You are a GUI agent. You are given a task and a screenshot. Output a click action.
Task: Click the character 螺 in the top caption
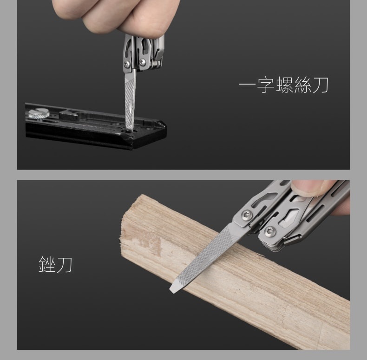click(x=284, y=85)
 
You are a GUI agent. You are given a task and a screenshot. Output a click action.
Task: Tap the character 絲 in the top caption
click(x=302, y=85)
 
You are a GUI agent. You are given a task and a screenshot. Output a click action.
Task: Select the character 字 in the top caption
click(x=266, y=85)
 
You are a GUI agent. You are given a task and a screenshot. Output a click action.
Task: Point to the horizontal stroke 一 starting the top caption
click(x=248, y=85)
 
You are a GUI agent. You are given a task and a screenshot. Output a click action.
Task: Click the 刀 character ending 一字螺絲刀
click(x=320, y=85)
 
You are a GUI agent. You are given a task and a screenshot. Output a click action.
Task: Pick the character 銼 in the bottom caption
click(x=47, y=264)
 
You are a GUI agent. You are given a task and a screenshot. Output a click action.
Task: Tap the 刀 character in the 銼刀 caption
click(x=64, y=264)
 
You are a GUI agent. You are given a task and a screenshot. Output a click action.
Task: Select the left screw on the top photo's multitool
click(x=127, y=64)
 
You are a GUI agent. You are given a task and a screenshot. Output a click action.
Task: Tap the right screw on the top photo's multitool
click(x=142, y=62)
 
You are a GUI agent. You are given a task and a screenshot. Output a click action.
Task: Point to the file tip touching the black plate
click(x=130, y=130)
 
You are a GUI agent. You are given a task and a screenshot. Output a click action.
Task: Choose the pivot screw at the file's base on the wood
click(x=247, y=214)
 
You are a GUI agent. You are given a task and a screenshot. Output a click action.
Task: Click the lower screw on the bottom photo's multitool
click(x=270, y=231)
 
